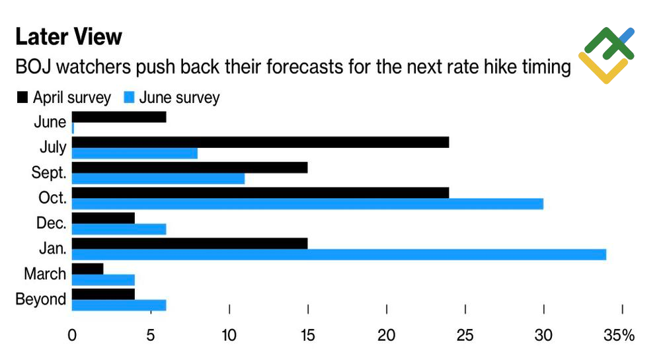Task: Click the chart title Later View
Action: pos(69,37)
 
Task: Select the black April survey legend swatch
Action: pos(22,98)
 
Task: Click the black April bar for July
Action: pos(260,142)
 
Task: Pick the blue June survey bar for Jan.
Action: pos(338,254)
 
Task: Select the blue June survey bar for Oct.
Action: pos(307,204)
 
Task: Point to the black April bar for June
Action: pos(118,117)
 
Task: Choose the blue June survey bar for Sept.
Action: pos(158,178)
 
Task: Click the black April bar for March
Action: pos(87,269)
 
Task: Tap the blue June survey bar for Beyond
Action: pos(118,305)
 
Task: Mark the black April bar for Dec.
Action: pos(103,218)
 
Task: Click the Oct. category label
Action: pos(52,198)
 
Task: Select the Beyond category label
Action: pos(41,299)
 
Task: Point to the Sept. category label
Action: pos(49,173)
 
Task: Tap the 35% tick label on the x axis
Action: pos(619,336)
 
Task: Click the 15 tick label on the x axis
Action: pos(308,336)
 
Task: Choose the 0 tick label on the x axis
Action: pos(72,336)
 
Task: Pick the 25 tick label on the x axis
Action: pos(465,336)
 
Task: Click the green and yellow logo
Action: pos(606,55)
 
